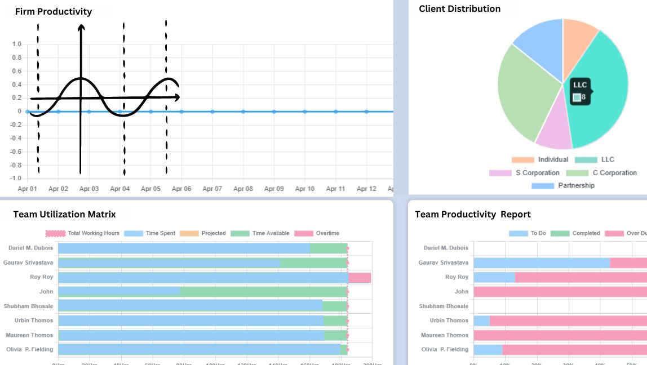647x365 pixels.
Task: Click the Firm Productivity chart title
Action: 54,12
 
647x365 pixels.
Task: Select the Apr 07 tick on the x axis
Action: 212,189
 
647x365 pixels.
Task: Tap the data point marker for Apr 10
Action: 305,112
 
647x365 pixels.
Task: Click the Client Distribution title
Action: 459,8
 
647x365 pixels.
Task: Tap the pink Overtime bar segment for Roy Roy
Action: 360,278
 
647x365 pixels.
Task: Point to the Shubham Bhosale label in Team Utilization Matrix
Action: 28,306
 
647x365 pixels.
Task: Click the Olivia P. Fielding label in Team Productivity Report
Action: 445,349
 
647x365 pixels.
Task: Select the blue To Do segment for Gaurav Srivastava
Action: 541,262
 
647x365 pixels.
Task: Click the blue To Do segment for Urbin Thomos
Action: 481,321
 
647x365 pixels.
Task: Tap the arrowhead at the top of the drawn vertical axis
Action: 81,27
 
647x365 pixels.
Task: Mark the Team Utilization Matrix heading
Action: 64,214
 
